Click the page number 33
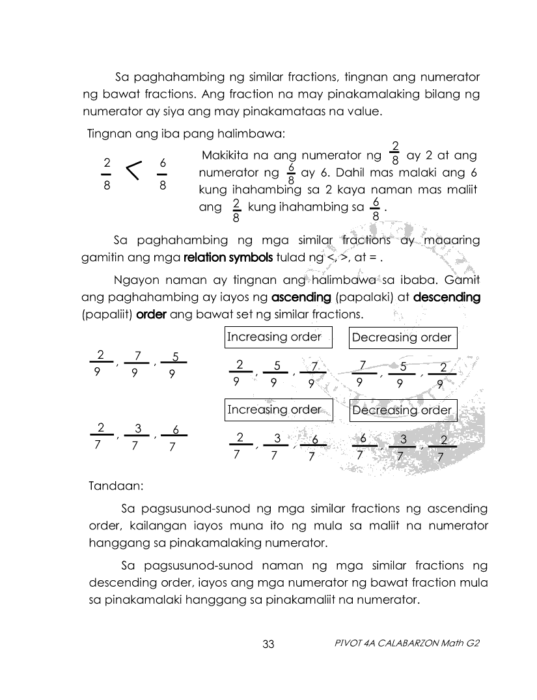point(269,644)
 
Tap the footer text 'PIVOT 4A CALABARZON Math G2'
point(406,643)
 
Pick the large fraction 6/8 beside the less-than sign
point(163,173)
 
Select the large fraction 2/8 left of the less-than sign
point(107,173)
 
